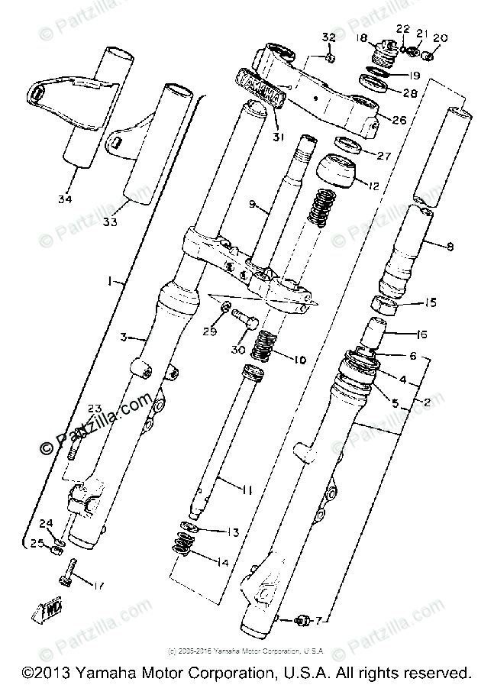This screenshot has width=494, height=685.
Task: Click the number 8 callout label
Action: [x=449, y=246]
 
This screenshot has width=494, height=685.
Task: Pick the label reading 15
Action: [x=430, y=302]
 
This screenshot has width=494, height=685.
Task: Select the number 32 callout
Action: [x=328, y=37]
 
